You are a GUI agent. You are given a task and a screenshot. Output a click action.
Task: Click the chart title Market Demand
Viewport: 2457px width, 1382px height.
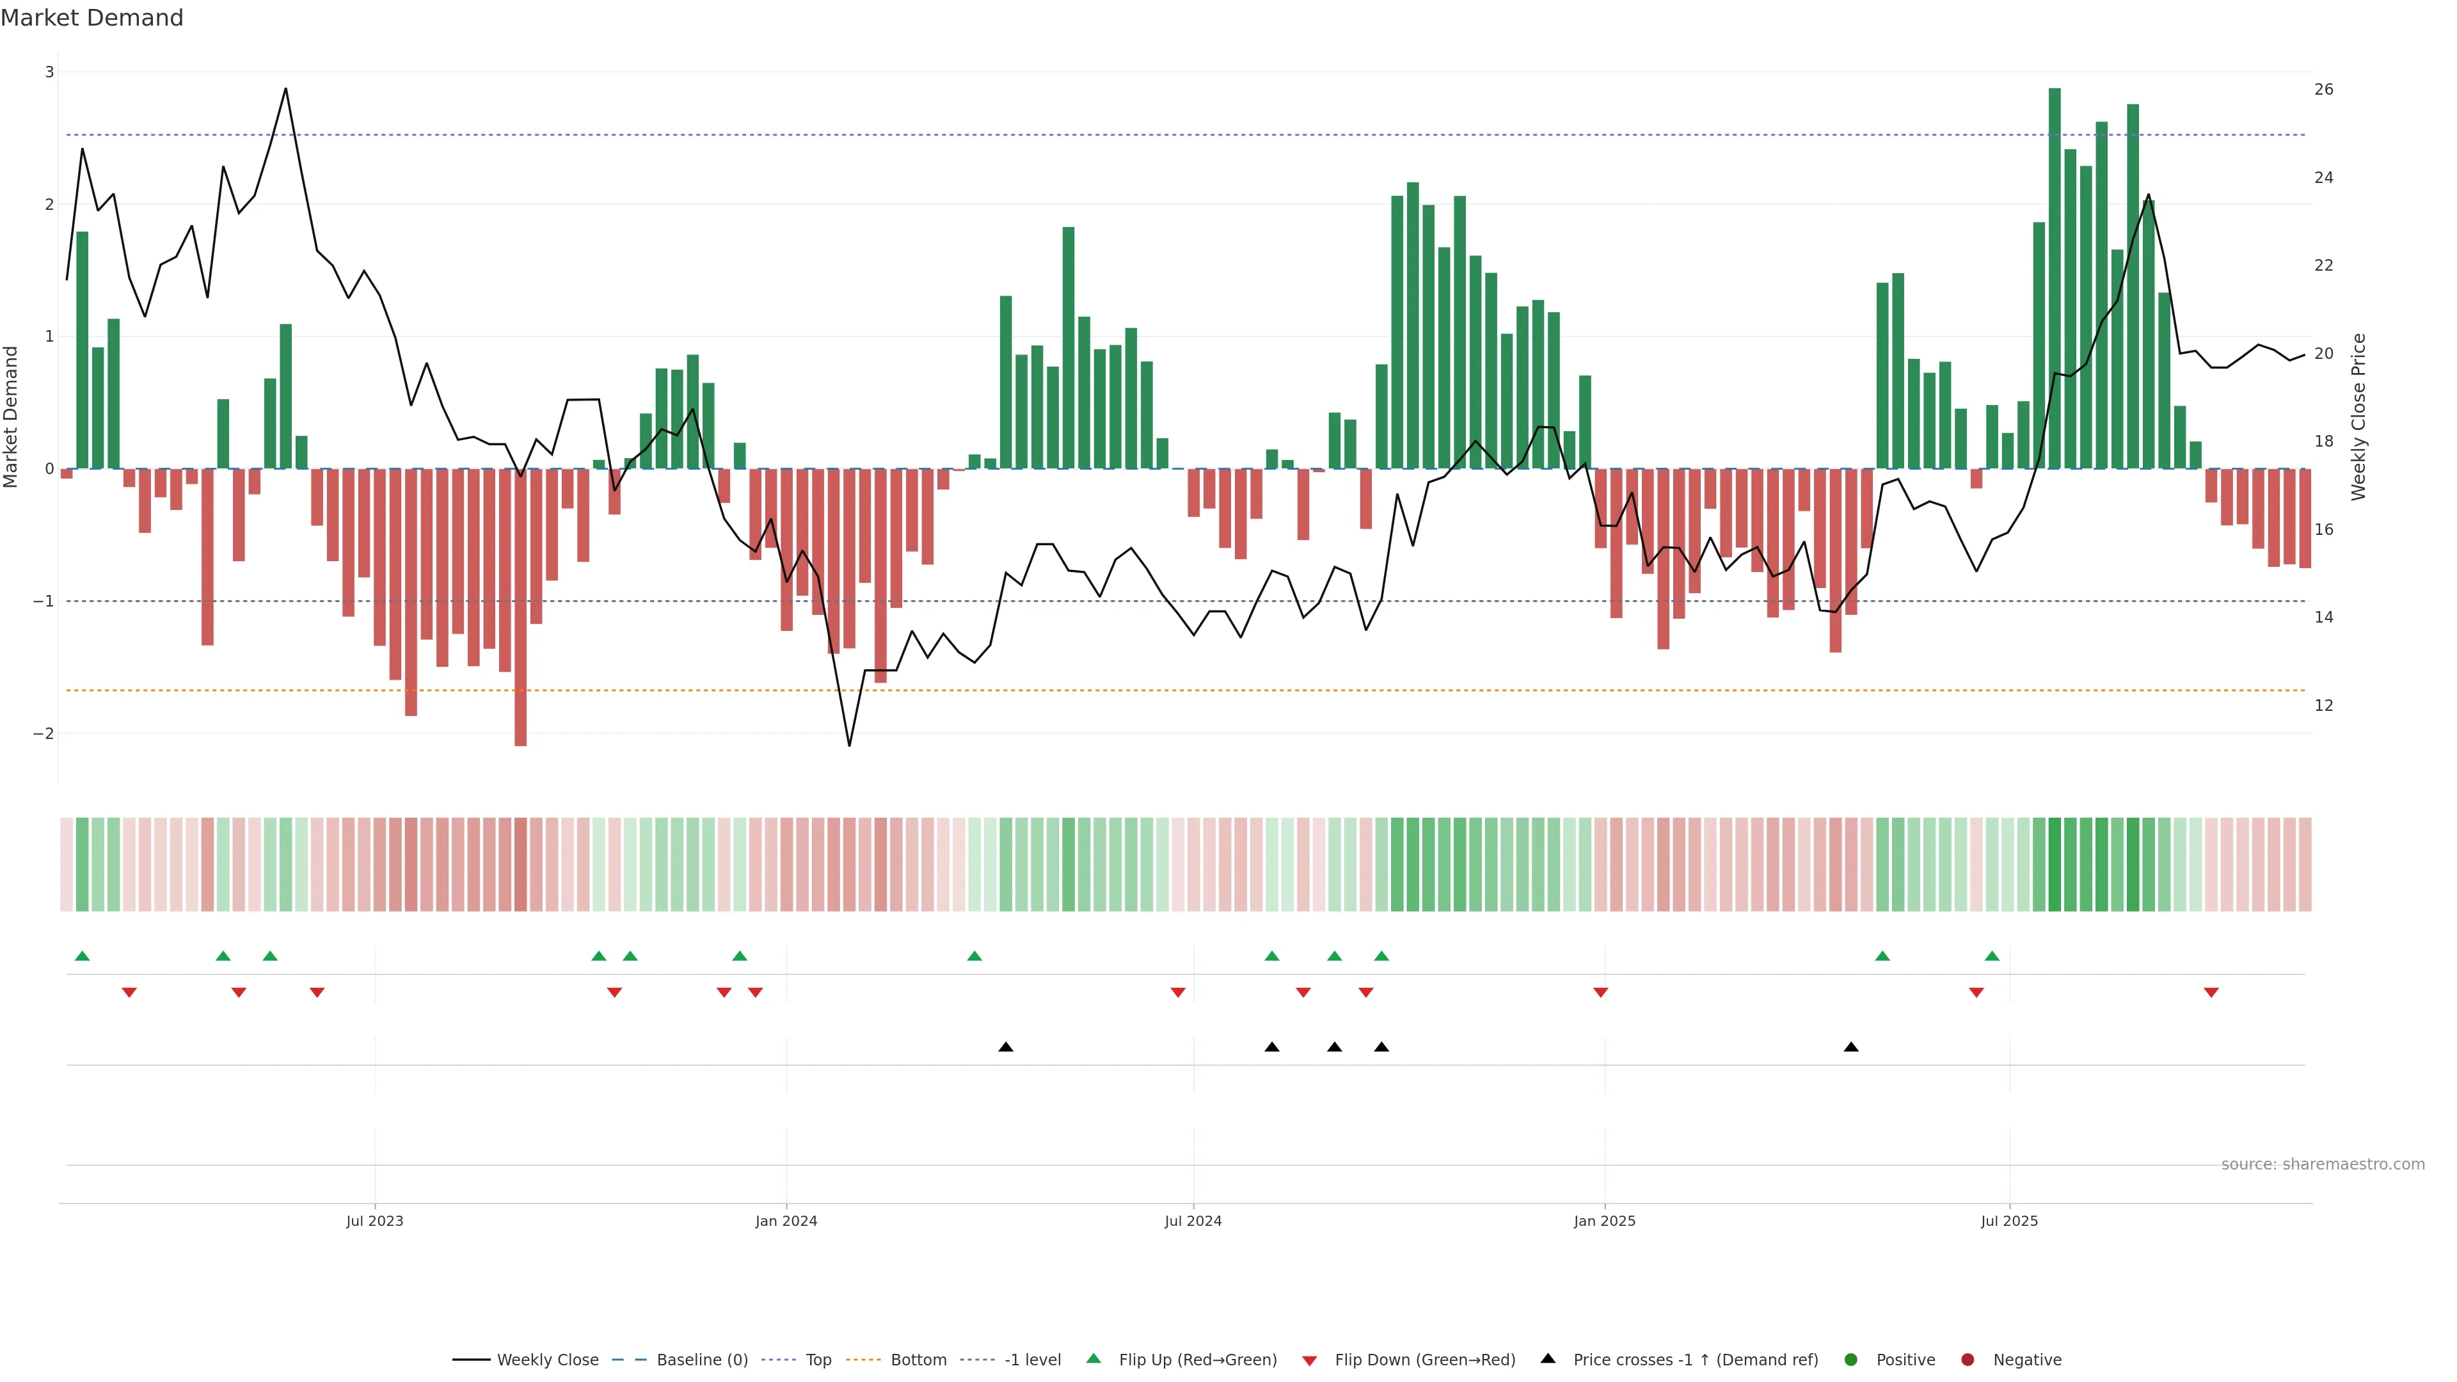[x=91, y=18]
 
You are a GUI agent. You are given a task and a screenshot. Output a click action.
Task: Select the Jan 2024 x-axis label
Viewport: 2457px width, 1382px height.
[x=786, y=1221]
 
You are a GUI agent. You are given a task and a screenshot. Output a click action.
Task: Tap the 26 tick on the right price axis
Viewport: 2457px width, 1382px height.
[x=2323, y=90]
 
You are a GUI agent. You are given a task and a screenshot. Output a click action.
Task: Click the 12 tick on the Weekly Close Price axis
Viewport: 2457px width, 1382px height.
[x=2323, y=706]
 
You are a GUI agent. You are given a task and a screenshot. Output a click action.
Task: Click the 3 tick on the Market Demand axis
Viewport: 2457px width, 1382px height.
[x=50, y=72]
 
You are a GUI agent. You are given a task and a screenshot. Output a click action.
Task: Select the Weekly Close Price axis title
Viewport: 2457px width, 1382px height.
[x=2358, y=417]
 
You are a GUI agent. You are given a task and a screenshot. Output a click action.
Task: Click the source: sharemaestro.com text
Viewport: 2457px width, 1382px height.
[x=2323, y=1164]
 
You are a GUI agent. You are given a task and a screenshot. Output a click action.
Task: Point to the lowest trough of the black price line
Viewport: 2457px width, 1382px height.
[x=849, y=745]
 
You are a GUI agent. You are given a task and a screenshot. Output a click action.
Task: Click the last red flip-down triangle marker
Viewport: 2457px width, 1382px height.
[x=2211, y=993]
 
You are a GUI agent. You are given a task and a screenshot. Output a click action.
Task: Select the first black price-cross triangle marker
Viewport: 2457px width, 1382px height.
[x=1005, y=1047]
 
